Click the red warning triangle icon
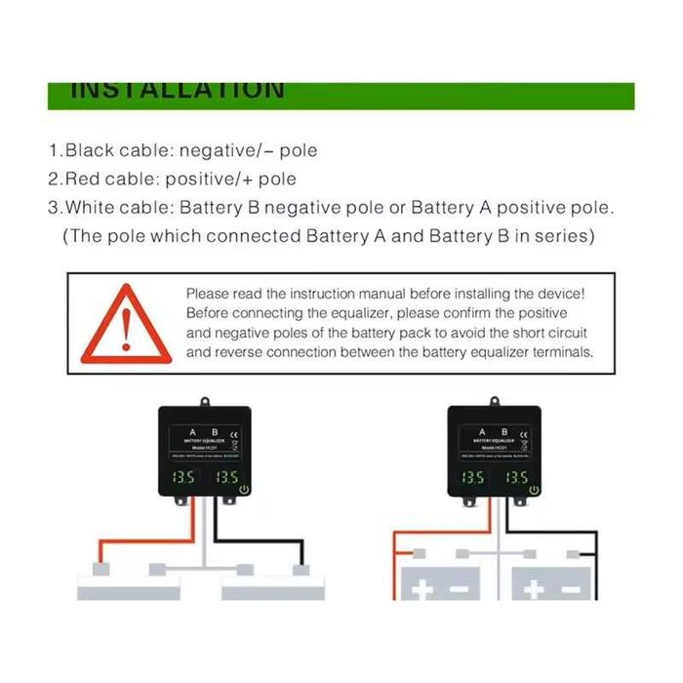pyautogui.click(x=118, y=325)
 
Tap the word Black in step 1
pyautogui.click(x=89, y=151)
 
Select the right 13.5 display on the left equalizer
pyautogui.click(x=226, y=478)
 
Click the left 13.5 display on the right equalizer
pyautogui.click(x=472, y=478)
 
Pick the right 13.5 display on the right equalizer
pyautogui.click(x=516, y=478)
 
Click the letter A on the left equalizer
pyautogui.click(x=190, y=431)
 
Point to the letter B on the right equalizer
pyautogui.click(x=504, y=431)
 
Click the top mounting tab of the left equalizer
pyautogui.click(x=206, y=401)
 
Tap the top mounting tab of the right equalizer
pyautogui.click(x=495, y=401)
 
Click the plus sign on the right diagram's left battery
pyautogui.click(x=420, y=589)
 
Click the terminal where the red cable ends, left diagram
pyautogui.click(x=100, y=569)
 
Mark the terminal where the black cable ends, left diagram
pyautogui.click(x=298, y=569)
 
